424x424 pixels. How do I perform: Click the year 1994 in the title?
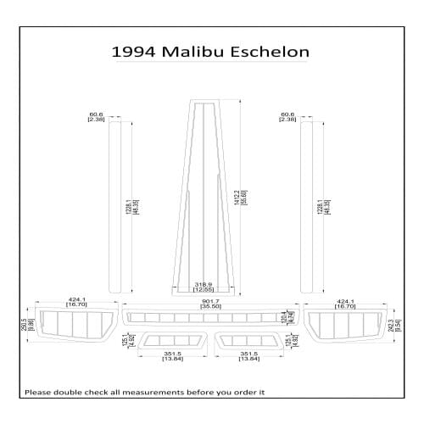[132, 52]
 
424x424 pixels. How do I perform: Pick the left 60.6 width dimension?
[96, 116]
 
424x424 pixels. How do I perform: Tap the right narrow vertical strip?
[307, 206]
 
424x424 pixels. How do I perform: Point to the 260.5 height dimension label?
[25, 324]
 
